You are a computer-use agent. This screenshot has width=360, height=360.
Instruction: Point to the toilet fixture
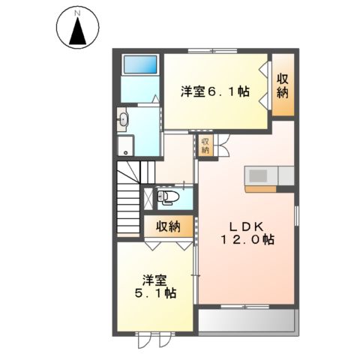(x=169, y=197)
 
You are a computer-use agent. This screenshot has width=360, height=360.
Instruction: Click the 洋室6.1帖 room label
(x=215, y=94)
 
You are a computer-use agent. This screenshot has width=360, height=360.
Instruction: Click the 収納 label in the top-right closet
(x=283, y=84)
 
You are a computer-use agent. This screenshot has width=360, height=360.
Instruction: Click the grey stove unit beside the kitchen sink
(x=286, y=175)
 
